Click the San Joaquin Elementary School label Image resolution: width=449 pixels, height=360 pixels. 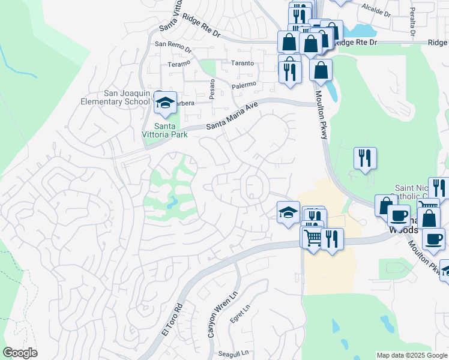[115, 97]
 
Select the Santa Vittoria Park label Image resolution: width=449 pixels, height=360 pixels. [170, 130]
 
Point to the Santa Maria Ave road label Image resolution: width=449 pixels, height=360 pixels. [232, 116]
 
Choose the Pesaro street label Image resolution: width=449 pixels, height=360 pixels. [212, 89]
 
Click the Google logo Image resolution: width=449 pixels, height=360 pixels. [20, 352]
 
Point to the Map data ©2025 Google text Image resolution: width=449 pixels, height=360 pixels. [412, 355]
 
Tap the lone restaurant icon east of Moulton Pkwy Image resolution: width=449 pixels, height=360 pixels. [364, 159]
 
